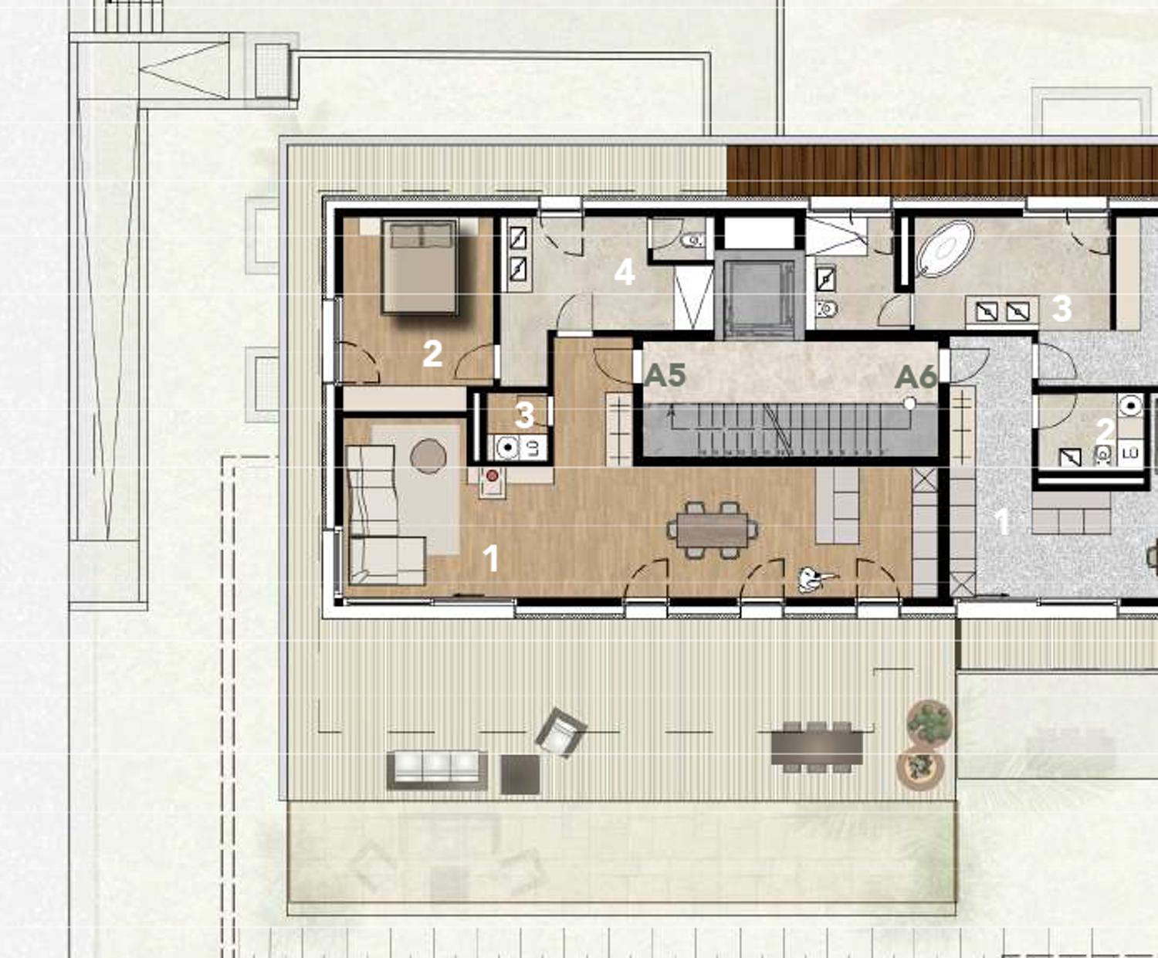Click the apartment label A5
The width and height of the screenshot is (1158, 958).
[665, 375]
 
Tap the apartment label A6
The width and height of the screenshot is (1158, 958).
[916, 377]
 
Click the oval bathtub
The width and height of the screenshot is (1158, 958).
[945, 249]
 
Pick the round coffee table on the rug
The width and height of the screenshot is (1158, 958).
[428, 456]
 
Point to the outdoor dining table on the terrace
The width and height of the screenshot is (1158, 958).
[817, 746]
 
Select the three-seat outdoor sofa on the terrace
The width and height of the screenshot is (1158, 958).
[436, 769]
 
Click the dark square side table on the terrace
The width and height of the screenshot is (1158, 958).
[520, 774]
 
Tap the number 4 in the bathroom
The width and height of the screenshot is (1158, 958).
[624, 272]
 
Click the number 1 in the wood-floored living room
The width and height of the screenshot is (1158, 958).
[490, 558]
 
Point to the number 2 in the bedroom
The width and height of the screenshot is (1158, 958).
[432, 354]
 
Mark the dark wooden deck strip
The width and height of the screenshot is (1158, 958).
[942, 170]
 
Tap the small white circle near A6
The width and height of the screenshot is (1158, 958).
[909, 404]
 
